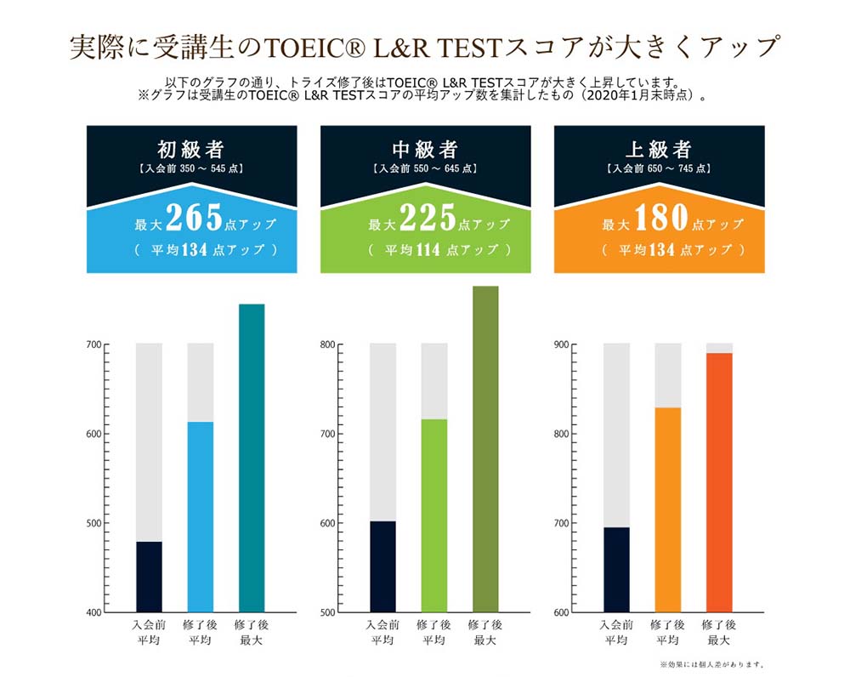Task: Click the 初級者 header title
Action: (191, 150)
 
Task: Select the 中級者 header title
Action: (425, 150)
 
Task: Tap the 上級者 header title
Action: (659, 150)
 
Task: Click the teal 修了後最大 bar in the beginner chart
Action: (252, 459)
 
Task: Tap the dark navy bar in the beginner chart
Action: (149, 577)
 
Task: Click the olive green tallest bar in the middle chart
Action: (485, 451)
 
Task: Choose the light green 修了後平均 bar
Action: (433, 515)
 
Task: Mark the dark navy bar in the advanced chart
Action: (616, 570)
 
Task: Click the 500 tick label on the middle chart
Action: (329, 612)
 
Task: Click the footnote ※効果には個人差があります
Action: (713, 664)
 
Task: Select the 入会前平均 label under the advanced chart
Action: (616, 632)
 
